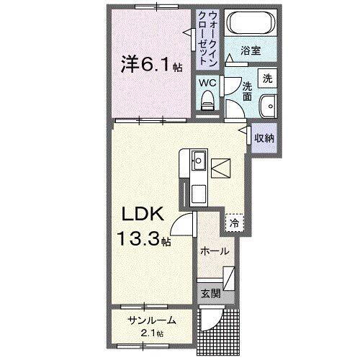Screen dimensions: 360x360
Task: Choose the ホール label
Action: pos(214,251)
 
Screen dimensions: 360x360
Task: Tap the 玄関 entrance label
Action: pos(207,294)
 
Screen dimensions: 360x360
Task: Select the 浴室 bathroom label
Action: pos(250,53)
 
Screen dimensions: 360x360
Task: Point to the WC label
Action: pos(207,83)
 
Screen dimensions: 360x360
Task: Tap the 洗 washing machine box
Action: pos(267,78)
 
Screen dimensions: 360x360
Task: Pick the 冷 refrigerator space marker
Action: pos(235,223)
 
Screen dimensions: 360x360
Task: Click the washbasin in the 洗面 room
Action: pos(269,103)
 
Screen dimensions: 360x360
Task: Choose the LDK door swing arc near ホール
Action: pos(186,225)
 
